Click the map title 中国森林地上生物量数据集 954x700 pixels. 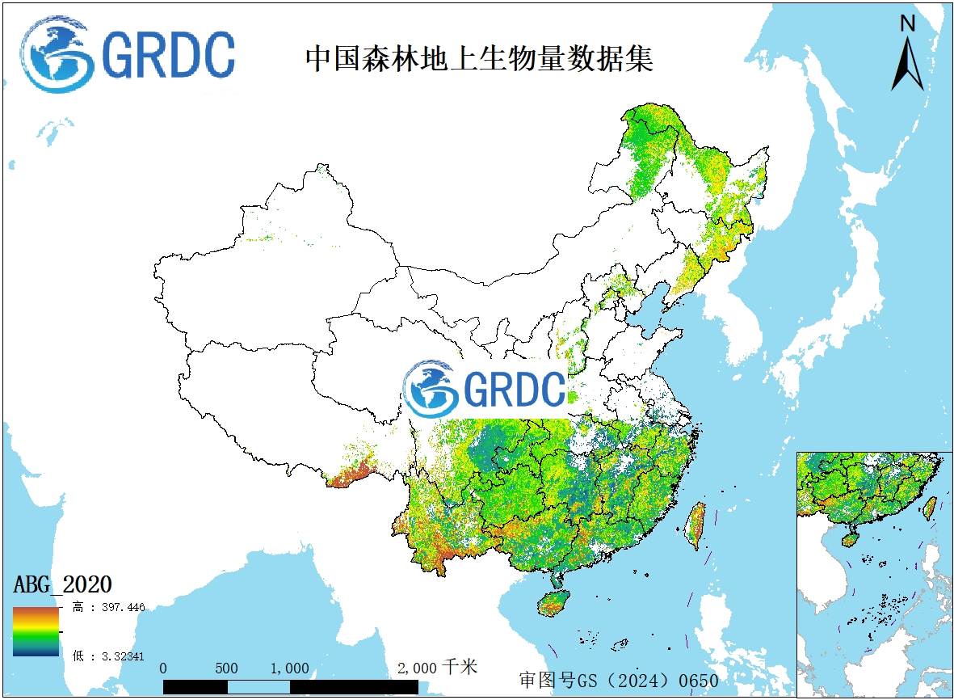[x=478, y=59]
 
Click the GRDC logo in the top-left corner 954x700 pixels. [x=128, y=55]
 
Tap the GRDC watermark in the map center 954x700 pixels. [x=485, y=389]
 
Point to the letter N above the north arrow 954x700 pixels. [x=907, y=24]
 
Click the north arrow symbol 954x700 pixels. [x=907, y=65]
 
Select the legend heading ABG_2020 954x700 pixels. [x=63, y=584]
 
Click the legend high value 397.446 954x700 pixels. [x=118, y=607]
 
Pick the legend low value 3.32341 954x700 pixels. [x=118, y=656]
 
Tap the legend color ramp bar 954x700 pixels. [x=36, y=631]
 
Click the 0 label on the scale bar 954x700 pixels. [x=164, y=668]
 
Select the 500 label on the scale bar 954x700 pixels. [x=227, y=668]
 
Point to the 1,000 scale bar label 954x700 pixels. [x=290, y=668]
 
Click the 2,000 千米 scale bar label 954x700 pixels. [x=437, y=668]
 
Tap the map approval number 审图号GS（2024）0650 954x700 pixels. [x=618, y=680]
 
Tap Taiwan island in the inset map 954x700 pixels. [x=930, y=507]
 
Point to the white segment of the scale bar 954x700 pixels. [x=258, y=687]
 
